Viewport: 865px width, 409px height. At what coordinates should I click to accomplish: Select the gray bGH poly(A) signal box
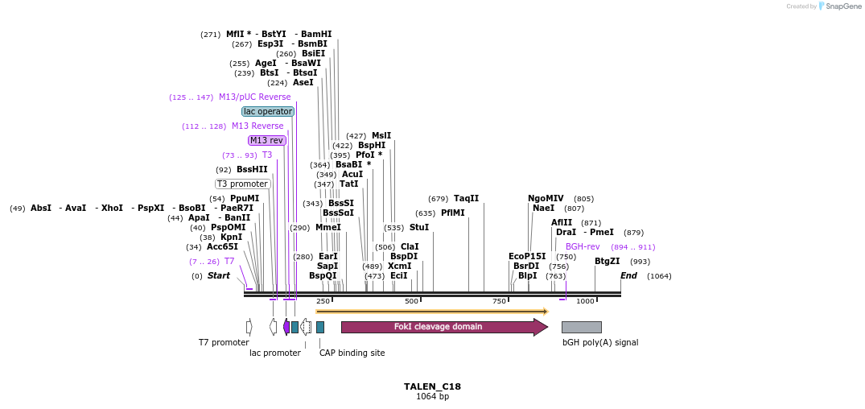pos(581,327)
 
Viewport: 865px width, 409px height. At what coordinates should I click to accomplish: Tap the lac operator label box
pos(267,111)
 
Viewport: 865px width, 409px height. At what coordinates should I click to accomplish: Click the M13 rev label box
pos(267,140)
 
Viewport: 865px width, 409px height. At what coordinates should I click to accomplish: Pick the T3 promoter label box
pos(242,184)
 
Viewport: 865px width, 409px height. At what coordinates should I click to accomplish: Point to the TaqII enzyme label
pos(466,198)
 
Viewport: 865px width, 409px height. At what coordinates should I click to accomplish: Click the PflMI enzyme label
pos(452,213)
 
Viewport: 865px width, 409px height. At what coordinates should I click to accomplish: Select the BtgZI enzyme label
pos(607,261)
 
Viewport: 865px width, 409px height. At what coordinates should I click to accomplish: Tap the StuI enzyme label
pos(419,227)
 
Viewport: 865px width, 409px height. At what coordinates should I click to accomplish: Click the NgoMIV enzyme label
pos(546,198)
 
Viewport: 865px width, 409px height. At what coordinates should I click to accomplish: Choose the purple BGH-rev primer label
pos(583,246)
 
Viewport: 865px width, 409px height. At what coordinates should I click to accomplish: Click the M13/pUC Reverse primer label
pos(255,97)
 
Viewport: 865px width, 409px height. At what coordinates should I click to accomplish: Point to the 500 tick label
pos(412,301)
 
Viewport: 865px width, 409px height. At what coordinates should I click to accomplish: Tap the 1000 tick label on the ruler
pos(585,301)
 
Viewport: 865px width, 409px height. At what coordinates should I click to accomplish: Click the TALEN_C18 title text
pos(432,386)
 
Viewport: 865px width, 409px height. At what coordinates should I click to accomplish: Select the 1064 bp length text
pos(432,396)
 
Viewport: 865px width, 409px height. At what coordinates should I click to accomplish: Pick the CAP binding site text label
pos(352,353)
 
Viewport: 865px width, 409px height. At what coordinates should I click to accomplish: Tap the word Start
pos(218,275)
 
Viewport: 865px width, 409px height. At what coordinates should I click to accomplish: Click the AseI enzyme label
pos(303,82)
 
